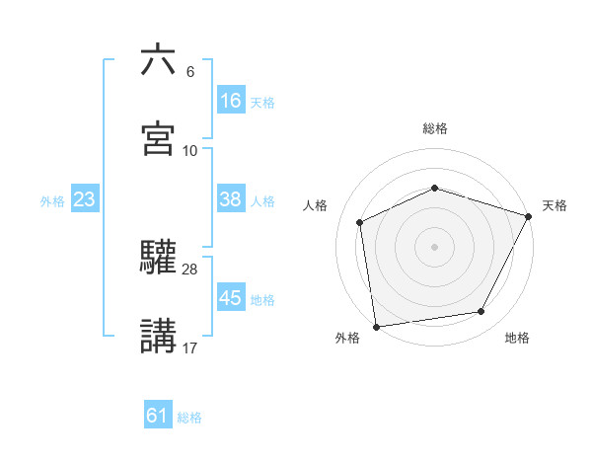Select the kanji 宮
tap(158, 138)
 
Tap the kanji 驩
tap(158, 257)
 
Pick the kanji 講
tap(158, 336)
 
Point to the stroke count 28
tap(190, 269)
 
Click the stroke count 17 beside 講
tap(190, 348)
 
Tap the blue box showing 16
tap(230, 101)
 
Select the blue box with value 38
tap(230, 199)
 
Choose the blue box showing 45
tap(230, 298)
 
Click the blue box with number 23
tap(85, 199)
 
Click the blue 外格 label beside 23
tap(52, 200)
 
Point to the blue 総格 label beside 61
tap(189, 418)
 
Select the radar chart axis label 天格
tap(555, 205)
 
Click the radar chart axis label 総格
tap(434, 128)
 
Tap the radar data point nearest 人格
tap(360, 222)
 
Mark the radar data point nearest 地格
tap(481, 311)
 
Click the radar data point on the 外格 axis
tap(376, 326)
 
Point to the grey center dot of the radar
tap(434, 246)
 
